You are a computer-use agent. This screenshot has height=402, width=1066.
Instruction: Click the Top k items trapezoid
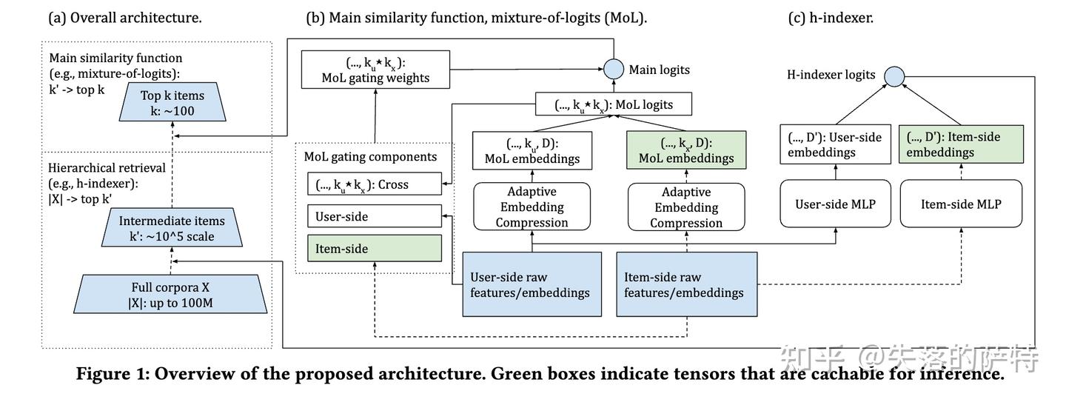tap(172, 103)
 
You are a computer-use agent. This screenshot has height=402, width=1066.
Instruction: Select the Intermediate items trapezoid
tap(172, 228)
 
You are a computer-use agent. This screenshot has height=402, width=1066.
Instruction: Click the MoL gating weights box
tap(375, 69)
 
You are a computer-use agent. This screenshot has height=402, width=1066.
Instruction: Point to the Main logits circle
tap(613, 70)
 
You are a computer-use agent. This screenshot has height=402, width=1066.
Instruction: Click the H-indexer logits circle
tap(894, 75)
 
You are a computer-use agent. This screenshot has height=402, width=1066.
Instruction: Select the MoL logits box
tap(614, 104)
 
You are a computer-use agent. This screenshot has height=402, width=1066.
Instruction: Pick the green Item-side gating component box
tap(375, 249)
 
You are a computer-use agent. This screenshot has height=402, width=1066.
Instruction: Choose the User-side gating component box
tap(375, 217)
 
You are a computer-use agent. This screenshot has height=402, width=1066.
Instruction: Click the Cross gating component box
tap(375, 184)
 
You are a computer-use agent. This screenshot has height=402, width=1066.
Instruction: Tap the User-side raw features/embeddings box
tap(532, 284)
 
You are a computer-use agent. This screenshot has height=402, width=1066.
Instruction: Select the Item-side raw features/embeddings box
tap(686, 284)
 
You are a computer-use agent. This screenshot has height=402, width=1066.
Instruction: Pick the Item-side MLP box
tap(961, 203)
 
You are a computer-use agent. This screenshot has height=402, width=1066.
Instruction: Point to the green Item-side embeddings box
tap(961, 144)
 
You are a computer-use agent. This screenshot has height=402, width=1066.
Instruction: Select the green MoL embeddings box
tap(685, 150)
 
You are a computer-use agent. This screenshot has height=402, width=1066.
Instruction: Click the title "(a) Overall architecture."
tap(125, 18)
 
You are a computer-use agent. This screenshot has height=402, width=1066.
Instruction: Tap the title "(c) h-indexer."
tap(831, 18)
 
